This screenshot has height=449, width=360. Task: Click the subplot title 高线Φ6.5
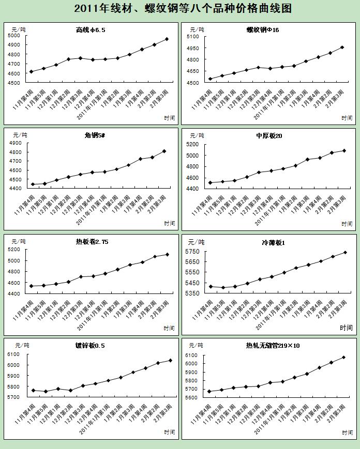pos(91,30)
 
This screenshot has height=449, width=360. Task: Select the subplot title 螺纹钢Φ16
pos(263,30)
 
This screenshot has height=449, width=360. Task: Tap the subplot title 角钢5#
pos(95,135)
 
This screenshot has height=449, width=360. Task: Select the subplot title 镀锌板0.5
pos(89,346)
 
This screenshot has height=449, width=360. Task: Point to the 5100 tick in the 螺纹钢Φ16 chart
pos(192,37)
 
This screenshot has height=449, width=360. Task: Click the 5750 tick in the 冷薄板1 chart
pos(192,252)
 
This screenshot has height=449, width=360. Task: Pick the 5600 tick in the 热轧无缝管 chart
pos(192,397)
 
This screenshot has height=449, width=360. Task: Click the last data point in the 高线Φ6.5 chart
pos(167,39)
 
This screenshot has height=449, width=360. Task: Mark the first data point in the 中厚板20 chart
pos(210,182)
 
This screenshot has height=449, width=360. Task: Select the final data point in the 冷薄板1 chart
pos(345,252)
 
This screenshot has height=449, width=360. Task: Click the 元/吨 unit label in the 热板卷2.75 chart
pos(20,241)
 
